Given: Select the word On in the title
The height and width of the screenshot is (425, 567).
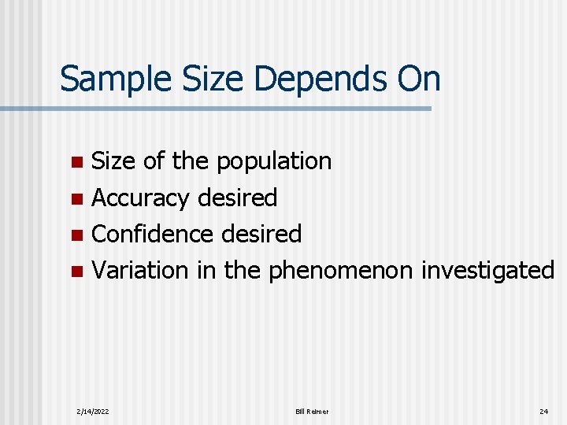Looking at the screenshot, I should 417,79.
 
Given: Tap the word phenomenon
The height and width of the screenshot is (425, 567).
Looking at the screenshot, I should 340,271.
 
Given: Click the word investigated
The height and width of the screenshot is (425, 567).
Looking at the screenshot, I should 487,271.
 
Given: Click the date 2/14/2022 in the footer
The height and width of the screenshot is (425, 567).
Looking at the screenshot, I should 93,412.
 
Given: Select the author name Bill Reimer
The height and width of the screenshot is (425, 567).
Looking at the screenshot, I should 312,412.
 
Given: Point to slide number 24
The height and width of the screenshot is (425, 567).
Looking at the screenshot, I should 543,412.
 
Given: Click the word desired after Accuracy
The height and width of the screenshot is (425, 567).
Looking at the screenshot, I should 237,198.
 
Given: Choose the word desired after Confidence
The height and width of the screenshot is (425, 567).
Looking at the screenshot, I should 261,235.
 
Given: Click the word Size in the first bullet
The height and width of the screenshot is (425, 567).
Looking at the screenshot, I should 113,162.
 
